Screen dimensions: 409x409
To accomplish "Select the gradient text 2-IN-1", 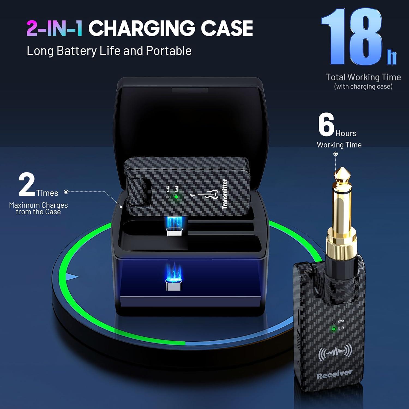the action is pyautogui.click(x=55, y=28).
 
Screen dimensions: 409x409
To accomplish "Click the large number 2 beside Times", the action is pyautogui.click(x=27, y=184).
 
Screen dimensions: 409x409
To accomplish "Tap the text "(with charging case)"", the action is pyautogui.click(x=363, y=87).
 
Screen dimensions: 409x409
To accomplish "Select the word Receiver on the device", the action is pyautogui.click(x=335, y=374).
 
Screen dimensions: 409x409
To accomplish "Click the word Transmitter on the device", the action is pyautogui.click(x=225, y=194).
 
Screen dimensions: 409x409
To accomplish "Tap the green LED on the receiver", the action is pyautogui.click(x=333, y=329).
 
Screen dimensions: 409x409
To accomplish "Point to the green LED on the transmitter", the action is pyautogui.click(x=176, y=197).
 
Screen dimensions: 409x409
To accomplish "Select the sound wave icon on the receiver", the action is pyautogui.click(x=335, y=352).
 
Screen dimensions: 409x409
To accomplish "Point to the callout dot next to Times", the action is pyautogui.click(x=66, y=192).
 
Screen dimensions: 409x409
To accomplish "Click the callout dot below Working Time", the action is pyautogui.click(x=336, y=154).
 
